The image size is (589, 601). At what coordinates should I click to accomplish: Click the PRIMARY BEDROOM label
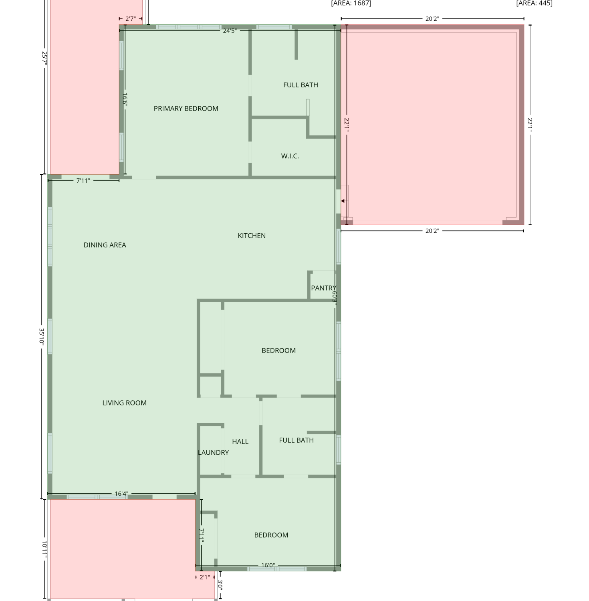(186, 109)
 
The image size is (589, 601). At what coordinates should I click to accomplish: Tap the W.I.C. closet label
(290, 156)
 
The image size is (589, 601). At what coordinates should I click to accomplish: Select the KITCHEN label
(252, 236)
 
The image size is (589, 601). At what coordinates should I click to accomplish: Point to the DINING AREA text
(105, 245)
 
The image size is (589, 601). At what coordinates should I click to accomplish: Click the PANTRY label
(323, 288)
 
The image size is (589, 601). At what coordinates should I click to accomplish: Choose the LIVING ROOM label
(124, 403)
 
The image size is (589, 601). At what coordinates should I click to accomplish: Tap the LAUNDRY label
(213, 453)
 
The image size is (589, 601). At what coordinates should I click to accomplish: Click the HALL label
(240, 442)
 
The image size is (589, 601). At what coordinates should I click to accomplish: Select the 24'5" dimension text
(230, 31)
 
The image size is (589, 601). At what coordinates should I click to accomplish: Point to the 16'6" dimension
(125, 99)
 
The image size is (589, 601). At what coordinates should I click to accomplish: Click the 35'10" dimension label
(41, 337)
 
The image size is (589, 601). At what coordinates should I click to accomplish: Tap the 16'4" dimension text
(121, 494)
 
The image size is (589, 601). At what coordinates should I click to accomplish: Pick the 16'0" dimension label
(268, 565)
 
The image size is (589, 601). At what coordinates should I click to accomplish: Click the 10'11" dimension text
(44, 550)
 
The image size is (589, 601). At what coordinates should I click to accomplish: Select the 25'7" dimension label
(44, 58)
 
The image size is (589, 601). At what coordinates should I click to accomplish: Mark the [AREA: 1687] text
(351, 3)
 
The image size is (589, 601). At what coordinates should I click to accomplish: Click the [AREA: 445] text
(534, 3)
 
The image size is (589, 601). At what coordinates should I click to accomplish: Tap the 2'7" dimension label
(131, 19)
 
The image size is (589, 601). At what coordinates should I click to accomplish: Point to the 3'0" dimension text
(220, 585)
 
